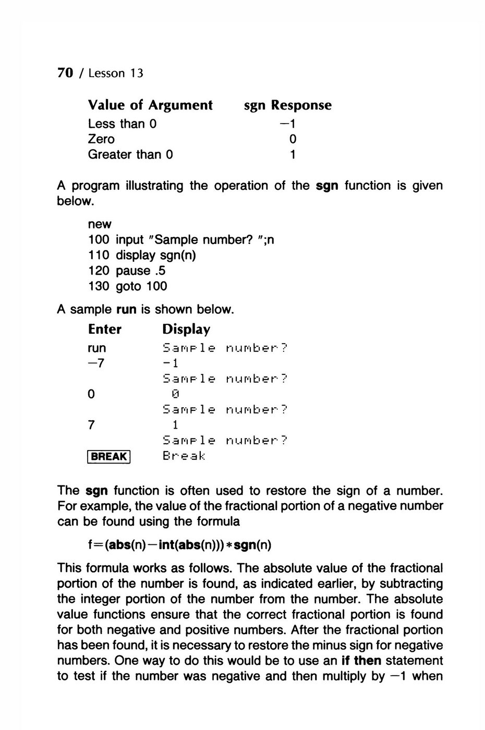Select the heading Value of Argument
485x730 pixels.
150,105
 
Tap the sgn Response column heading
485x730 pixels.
287,105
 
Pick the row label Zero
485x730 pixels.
101,139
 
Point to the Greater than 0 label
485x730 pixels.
130,155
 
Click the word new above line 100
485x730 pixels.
100,224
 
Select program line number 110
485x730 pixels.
99,255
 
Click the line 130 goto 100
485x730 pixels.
128,286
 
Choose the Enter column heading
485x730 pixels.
105,330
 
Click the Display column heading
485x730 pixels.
186,330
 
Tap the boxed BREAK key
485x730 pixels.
109,457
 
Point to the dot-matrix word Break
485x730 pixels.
184,456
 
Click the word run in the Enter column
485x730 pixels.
97,348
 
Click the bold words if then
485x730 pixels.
361,661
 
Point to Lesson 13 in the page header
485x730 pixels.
115,74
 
